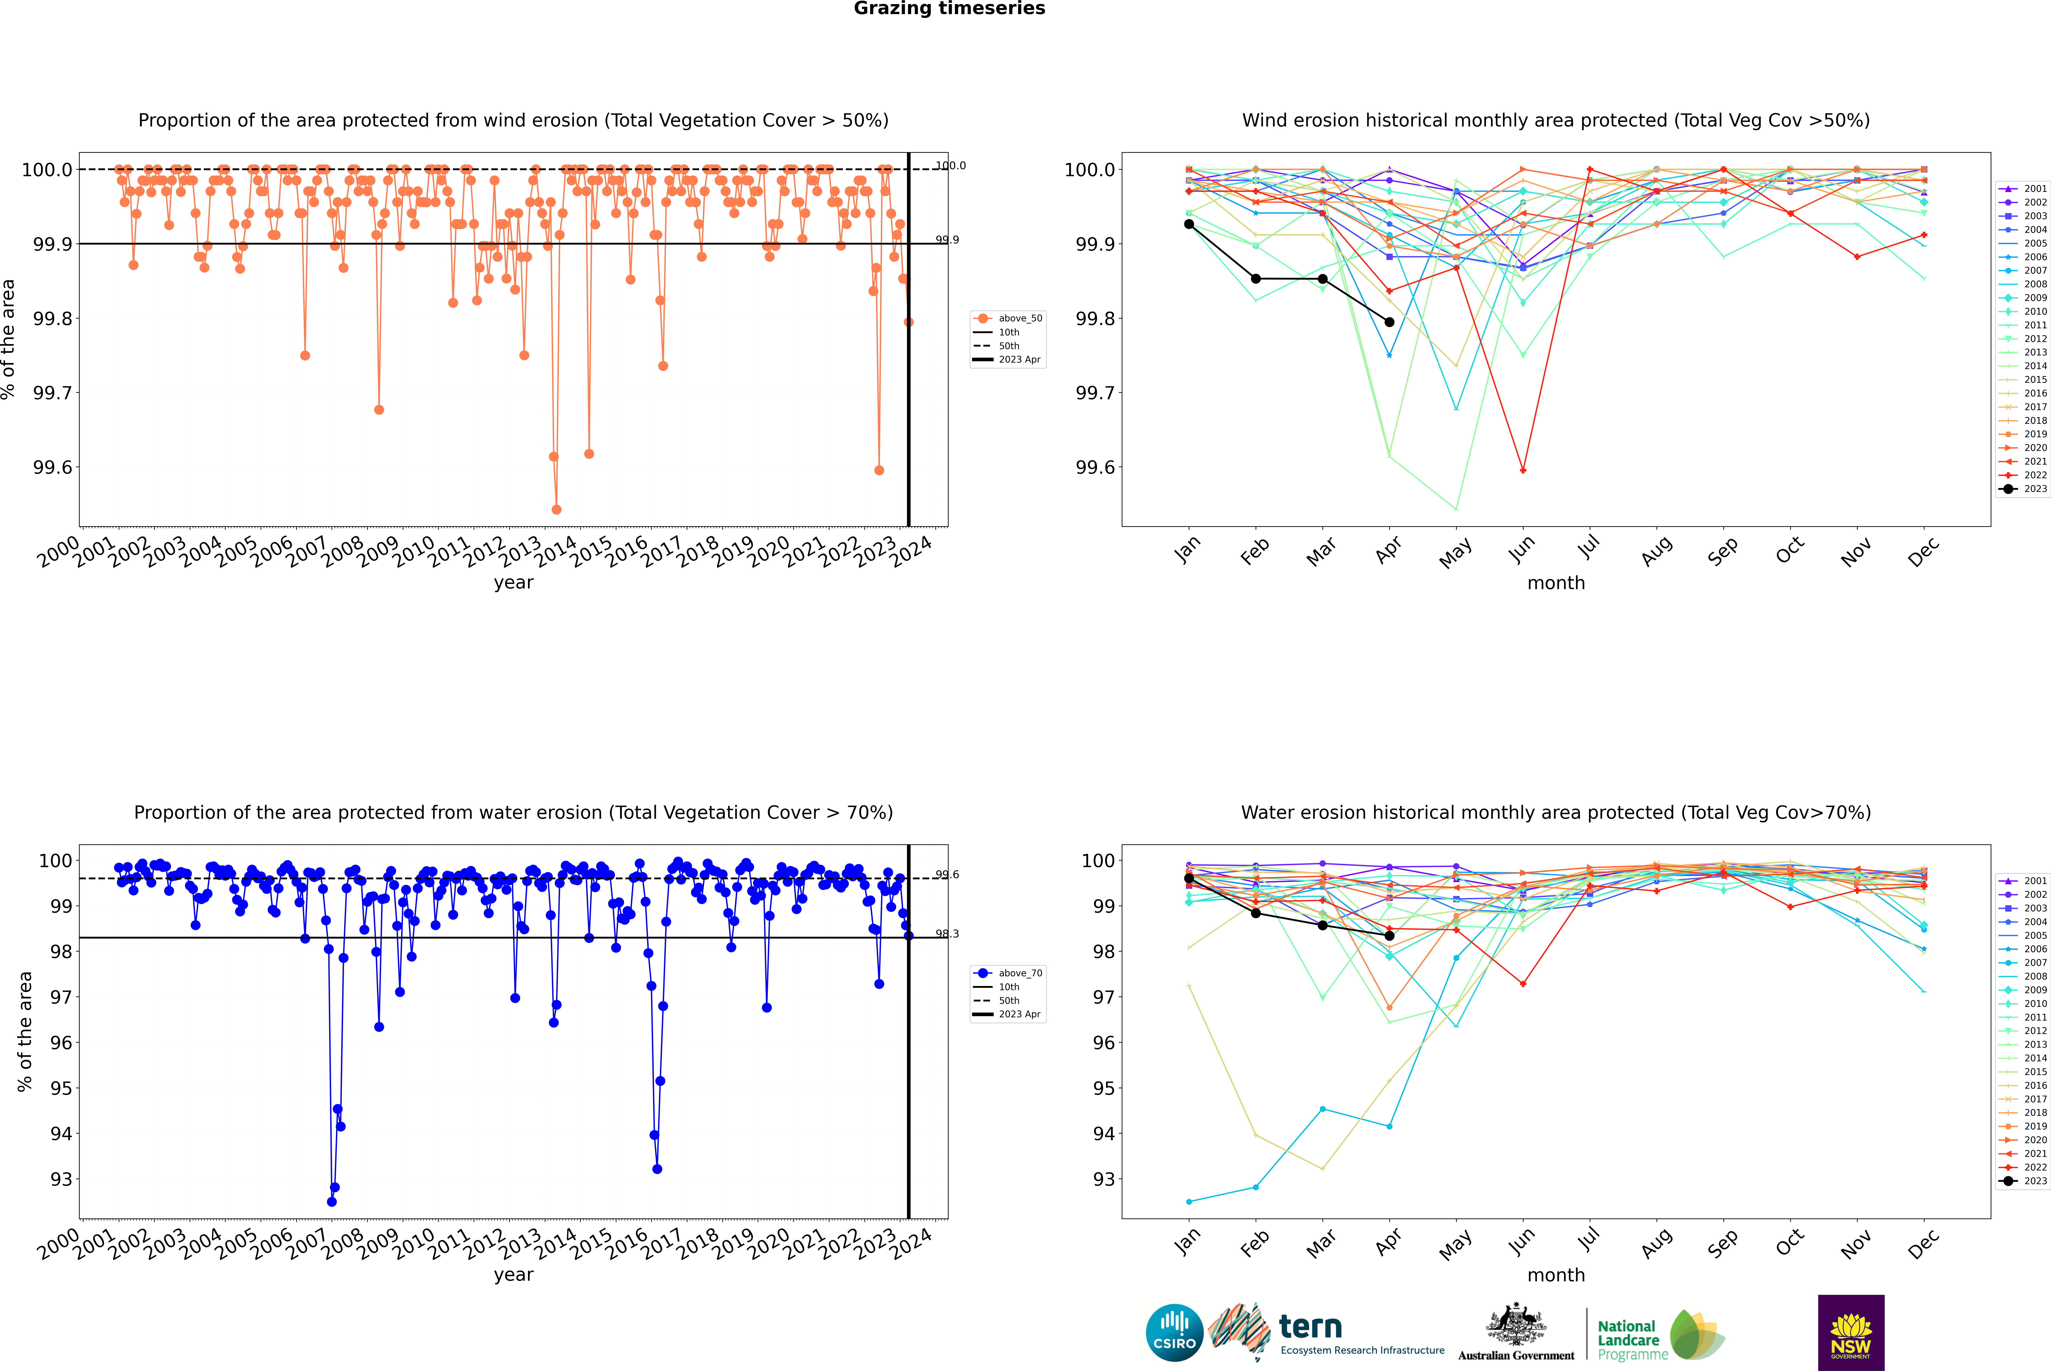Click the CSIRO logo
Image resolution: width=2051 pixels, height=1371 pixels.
coord(1174,1333)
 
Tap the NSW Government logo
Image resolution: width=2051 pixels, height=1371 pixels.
coord(1851,1333)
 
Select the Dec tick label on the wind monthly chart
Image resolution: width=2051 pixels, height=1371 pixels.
coord(1923,553)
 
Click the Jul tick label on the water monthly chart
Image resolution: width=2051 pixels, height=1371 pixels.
coord(1588,1240)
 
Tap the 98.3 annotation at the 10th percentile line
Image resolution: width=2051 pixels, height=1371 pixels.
coord(947,934)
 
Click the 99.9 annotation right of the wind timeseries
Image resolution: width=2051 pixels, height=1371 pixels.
coord(947,240)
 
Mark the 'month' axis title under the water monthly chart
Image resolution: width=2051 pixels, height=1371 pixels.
coord(1555,1275)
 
